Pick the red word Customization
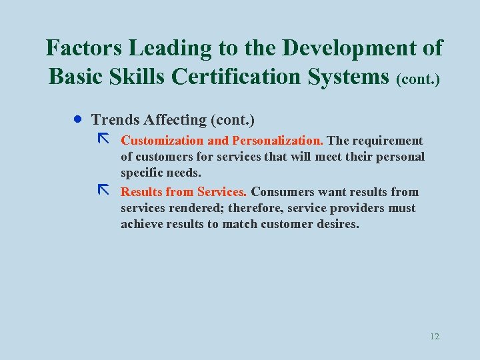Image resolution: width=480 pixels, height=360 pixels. [x=162, y=141]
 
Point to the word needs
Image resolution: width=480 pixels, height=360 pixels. [x=183, y=173]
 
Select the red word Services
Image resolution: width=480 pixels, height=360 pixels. [x=222, y=192]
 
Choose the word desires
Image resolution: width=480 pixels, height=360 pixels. [x=337, y=224]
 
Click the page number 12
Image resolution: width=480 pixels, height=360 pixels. [x=435, y=336]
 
